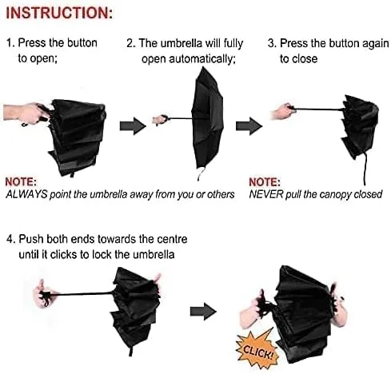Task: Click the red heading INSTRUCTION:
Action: pos(59,13)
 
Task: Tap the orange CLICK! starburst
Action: pos(257,350)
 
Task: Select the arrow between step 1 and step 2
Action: pos(133,125)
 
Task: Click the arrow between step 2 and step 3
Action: pos(249,126)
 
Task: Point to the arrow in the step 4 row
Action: pos(203,311)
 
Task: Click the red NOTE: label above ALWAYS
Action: pos(21,181)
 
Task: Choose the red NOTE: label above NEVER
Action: pos(265,182)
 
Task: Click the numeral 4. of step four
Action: pos(10,239)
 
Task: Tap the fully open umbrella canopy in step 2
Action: pos(207,117)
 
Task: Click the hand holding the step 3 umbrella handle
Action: pos(283,112)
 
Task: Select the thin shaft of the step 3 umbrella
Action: pos(319,109)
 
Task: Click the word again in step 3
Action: pos(376,44)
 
